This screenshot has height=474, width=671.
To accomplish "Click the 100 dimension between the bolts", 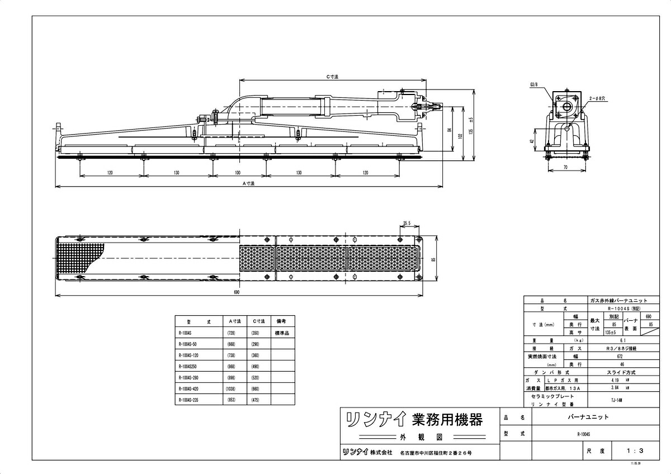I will [x=238, y=173].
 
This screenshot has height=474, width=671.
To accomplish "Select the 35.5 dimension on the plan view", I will [x=407, y=223].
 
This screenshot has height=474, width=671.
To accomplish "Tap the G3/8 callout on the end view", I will [x=533, y=84].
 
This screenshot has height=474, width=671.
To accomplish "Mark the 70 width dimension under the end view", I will [x=565, y=167].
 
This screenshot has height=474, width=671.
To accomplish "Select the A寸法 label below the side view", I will [x=248, y=183].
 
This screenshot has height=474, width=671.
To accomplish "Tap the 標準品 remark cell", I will [x=281, y=333].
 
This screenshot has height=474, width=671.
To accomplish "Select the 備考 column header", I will [x=281, y=322].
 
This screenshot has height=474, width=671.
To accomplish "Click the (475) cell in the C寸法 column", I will [x=256, y=400].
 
